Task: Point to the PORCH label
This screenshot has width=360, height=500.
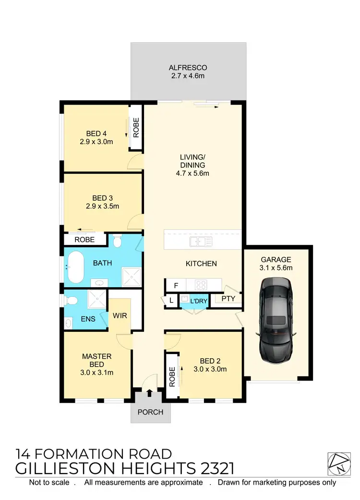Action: pyautogui.click(x=151, y=412)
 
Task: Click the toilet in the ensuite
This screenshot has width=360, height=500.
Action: pyautogui.click(x=72, y=301)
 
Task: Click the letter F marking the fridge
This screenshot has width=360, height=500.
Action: pyautogui.click(x=176, y=286)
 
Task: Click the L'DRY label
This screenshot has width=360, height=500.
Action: pyautogui.click(x=198, y=301)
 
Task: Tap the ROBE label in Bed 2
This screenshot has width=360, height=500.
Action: pyautogui.click(x=172, y=377)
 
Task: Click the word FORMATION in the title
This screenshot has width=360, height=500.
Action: pyautogui.click(x=84, y=454)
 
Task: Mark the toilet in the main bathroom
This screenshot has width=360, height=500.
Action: pyautogui.click(x=118, y=242)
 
